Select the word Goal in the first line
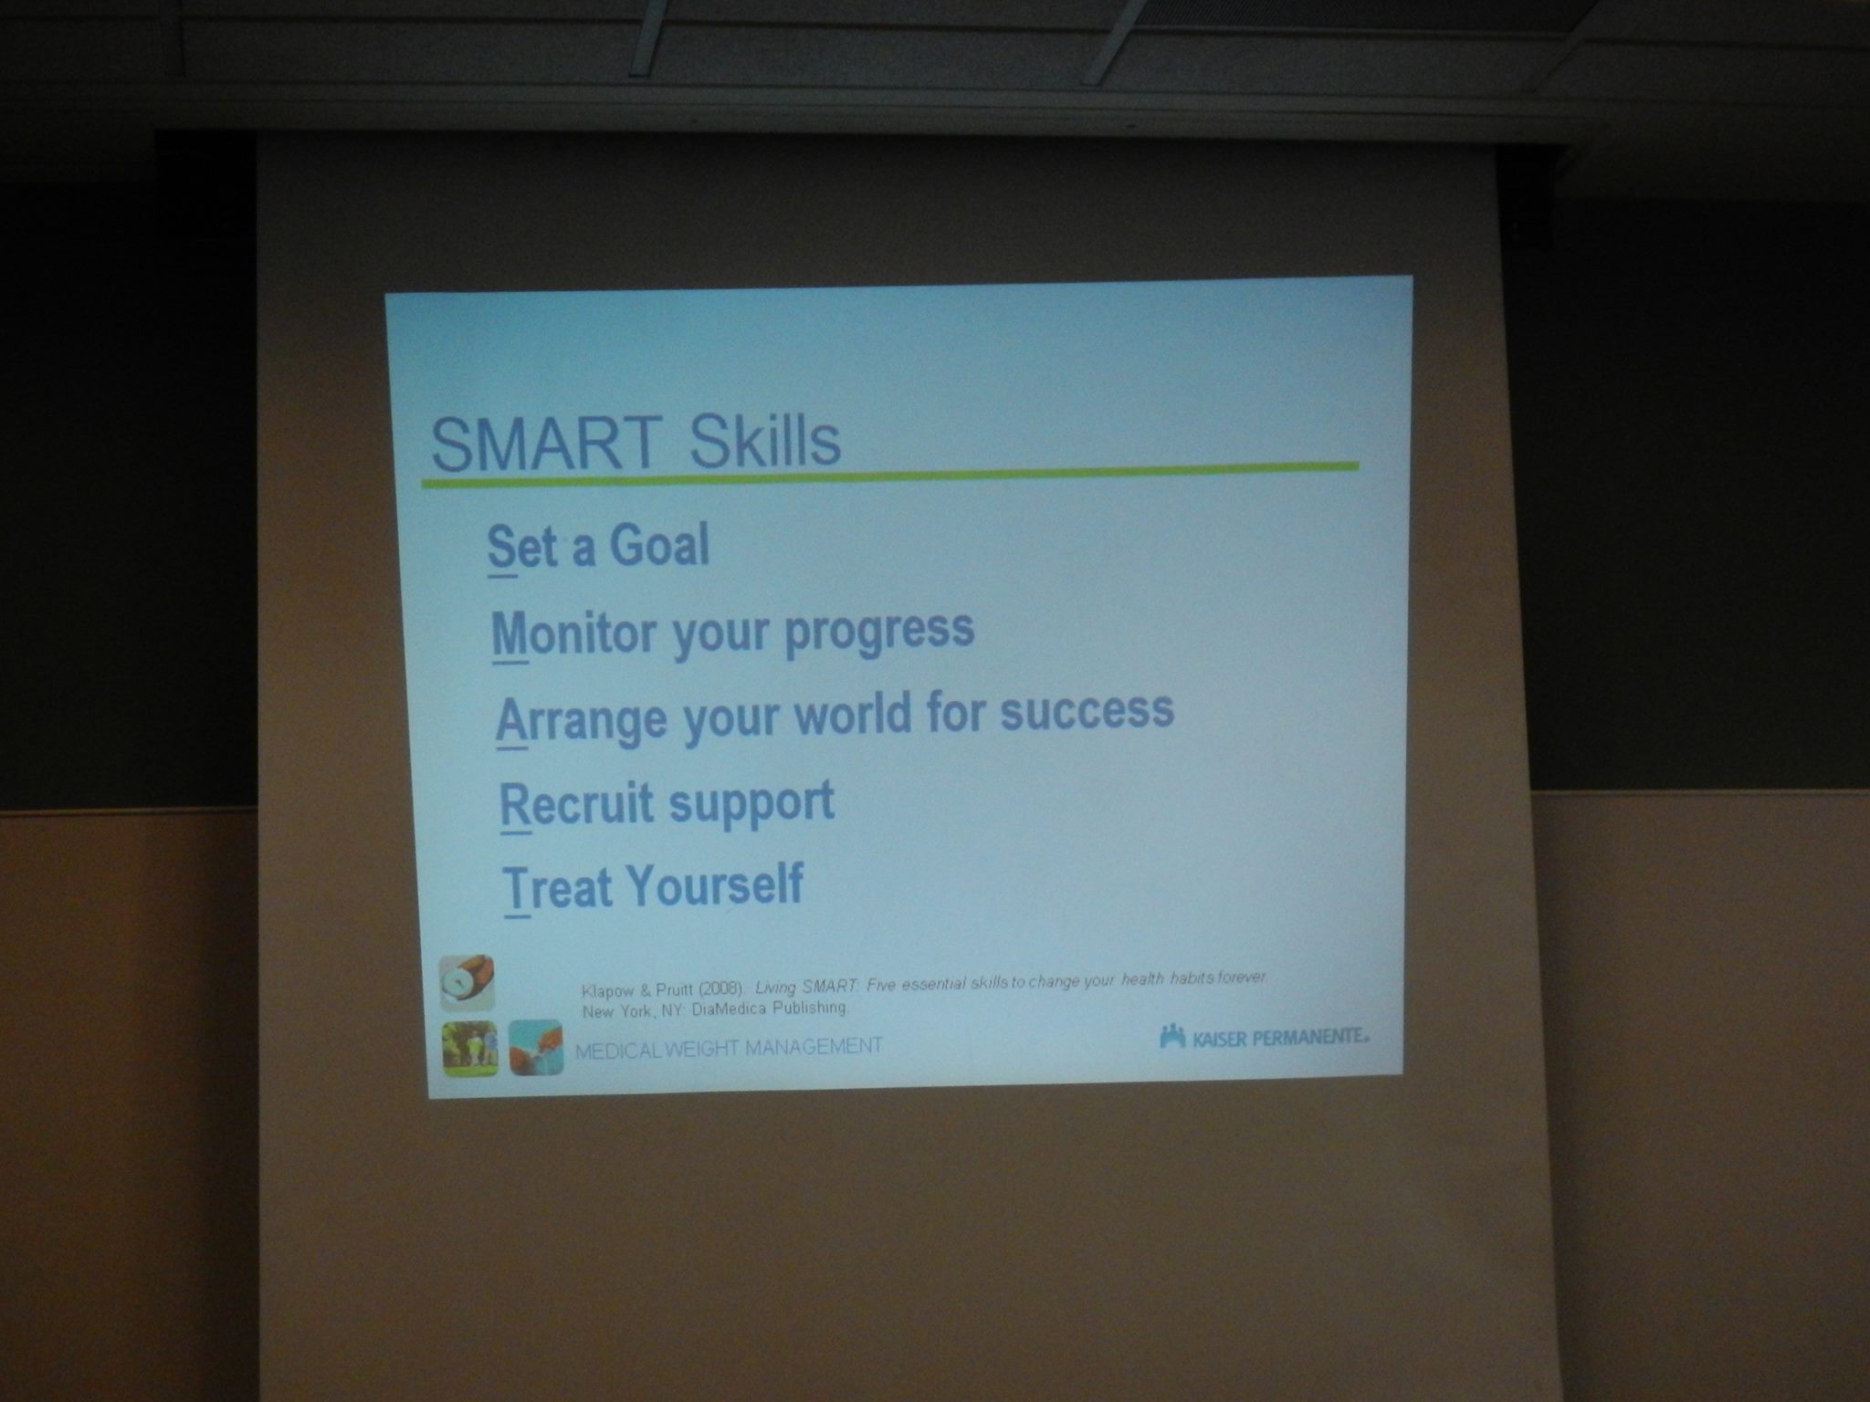pos(659,546)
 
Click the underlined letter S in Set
pos(501,550)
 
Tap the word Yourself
pos(716,884)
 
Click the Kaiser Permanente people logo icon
pos(1172,1036)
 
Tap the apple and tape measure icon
pos(467,983)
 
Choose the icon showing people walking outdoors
pos(469,1048)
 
